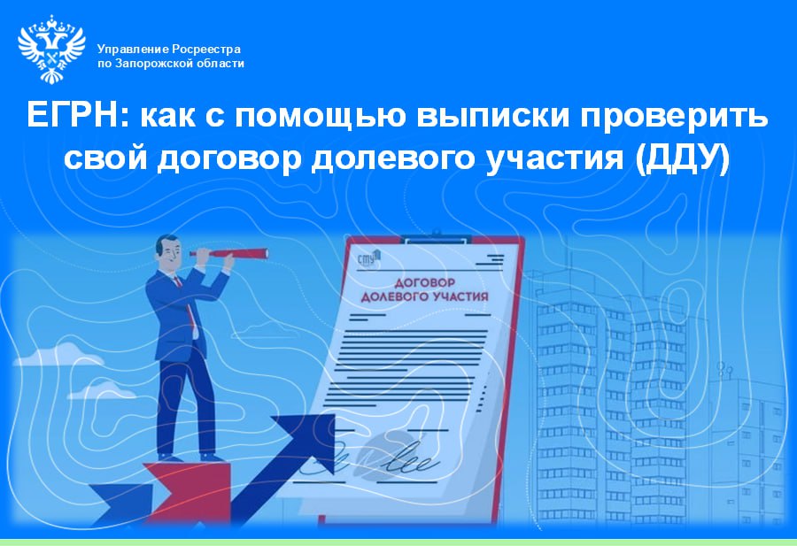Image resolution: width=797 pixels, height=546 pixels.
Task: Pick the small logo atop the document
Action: coord(368,259)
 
